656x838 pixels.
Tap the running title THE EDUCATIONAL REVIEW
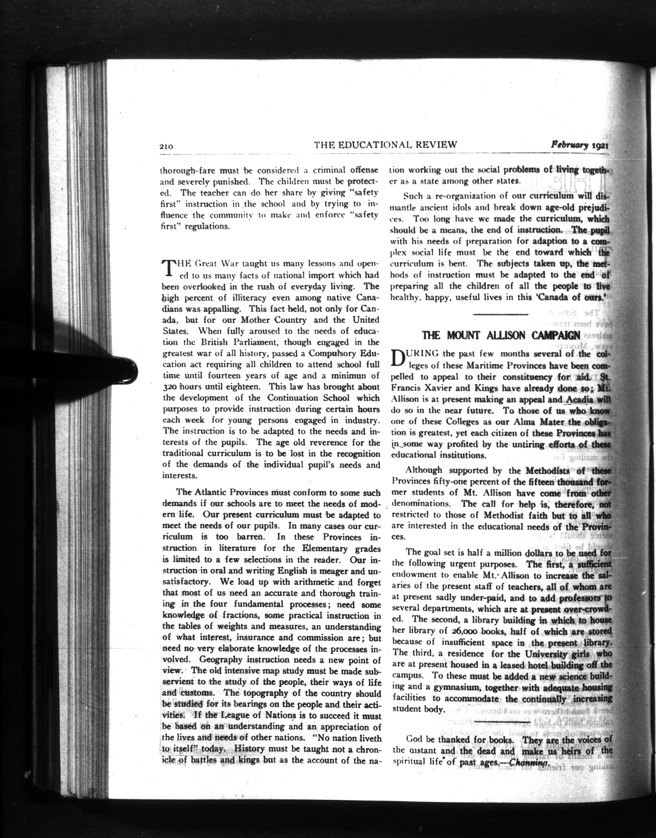click(385, 145)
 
